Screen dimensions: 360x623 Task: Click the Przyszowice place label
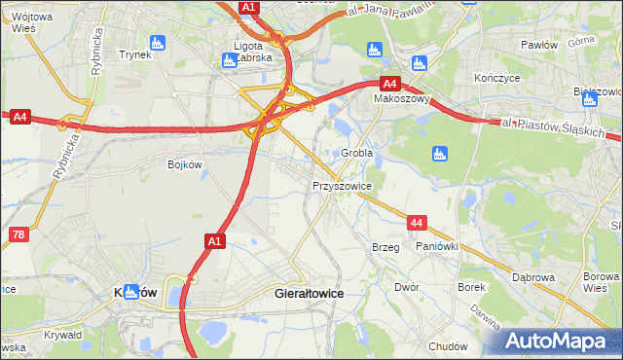coord(342,184)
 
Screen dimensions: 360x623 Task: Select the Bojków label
coord(184,164)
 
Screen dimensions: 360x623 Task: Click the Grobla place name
coord(357,153)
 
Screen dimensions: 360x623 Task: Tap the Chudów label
coord(448,346)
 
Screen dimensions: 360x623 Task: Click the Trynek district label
coord(134,54)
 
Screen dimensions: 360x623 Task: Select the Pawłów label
coord(538,45)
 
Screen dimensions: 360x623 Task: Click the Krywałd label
coord(63,335)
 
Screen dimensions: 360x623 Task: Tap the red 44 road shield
coord(417,223)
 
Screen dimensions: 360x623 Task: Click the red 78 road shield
coord(17,234)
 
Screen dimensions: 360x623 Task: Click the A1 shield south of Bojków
coord(215,239)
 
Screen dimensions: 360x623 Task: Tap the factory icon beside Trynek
coord(159,42)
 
